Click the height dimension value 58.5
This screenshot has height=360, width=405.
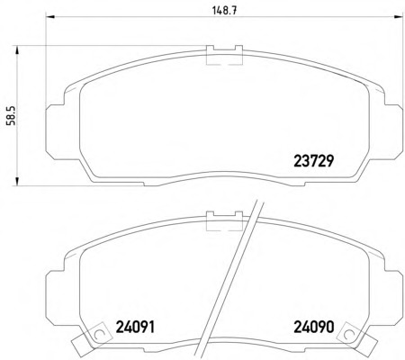[x=13, y=115]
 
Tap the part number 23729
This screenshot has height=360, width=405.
[x=314, y=161]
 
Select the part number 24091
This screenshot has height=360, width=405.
[x=135, y=327]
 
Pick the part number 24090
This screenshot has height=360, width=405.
[x=314, y=327]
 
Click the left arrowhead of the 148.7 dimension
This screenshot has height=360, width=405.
[x=49, y=17]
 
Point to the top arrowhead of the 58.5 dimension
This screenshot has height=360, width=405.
[x=17, y=50]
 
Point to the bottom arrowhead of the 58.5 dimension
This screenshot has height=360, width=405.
[x=17, y=182]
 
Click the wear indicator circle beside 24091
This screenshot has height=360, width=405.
[x=98, y=334]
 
